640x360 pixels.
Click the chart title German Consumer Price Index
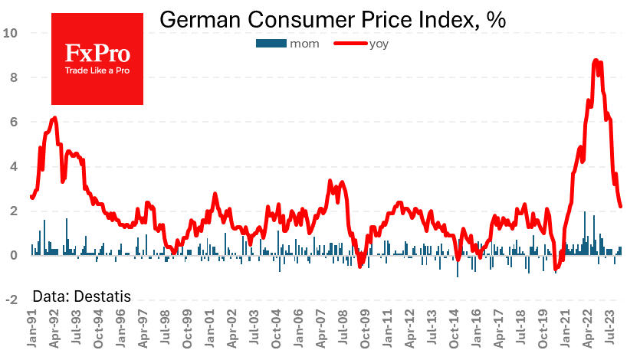point(331,21)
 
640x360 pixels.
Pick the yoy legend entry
point(379,44)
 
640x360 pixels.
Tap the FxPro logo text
point(97,54)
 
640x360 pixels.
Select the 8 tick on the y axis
point(15,77)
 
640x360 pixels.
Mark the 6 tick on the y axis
point(15,122)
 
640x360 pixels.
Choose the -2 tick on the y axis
point(12,300)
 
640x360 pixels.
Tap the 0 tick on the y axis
point(15,256)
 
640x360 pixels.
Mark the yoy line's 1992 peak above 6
point(54,118)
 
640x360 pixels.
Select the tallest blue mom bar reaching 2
point(585,213)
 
